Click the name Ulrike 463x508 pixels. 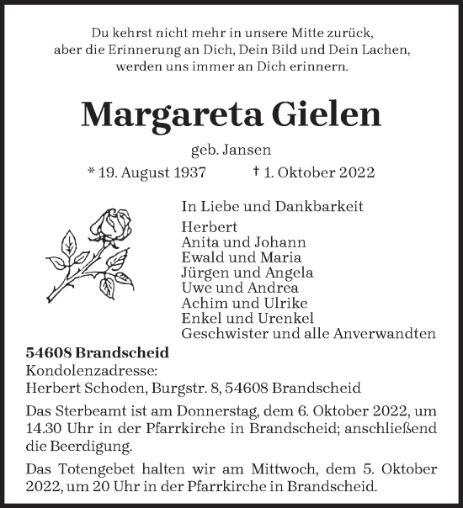[x=285, y=302]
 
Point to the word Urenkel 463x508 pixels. [x=286, y=317]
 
